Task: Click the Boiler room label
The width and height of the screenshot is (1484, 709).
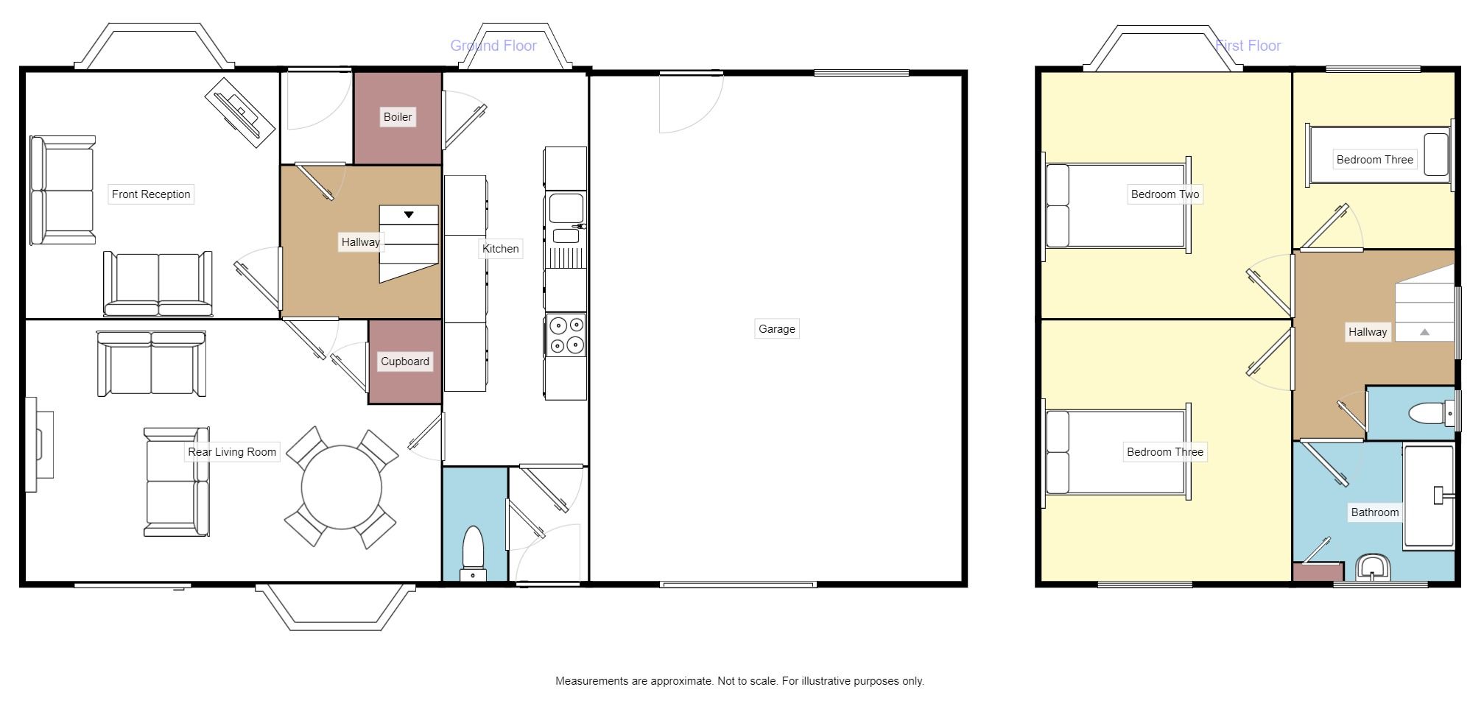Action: click(x=398, y=117)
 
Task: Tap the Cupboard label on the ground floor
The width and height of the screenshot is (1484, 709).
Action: click(x=404, y=361)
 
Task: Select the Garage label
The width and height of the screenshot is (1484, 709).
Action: click(x=776, y=329)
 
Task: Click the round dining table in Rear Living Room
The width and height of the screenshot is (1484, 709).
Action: click(x=342, y=487)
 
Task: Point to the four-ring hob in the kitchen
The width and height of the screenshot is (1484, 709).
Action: click(x=566, y=335)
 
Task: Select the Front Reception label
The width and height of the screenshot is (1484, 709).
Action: click(x=151, y=194)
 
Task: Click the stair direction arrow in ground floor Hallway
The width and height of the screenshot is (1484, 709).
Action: click(x=409, y=215)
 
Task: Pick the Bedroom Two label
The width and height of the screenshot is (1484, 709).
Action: click(x=1164, y=194)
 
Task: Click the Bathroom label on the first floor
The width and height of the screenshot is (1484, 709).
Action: click(x=1374, y=512)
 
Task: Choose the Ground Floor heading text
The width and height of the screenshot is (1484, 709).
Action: click(x=493, y=46)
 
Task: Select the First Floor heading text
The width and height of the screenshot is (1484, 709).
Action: click(x=1248, y=46)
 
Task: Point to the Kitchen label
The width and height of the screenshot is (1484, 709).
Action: click(x=500, y=249)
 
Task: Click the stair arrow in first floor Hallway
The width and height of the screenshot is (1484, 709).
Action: click(x=1424, y=333)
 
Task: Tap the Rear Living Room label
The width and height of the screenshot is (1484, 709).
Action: click(x=232, y=452)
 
